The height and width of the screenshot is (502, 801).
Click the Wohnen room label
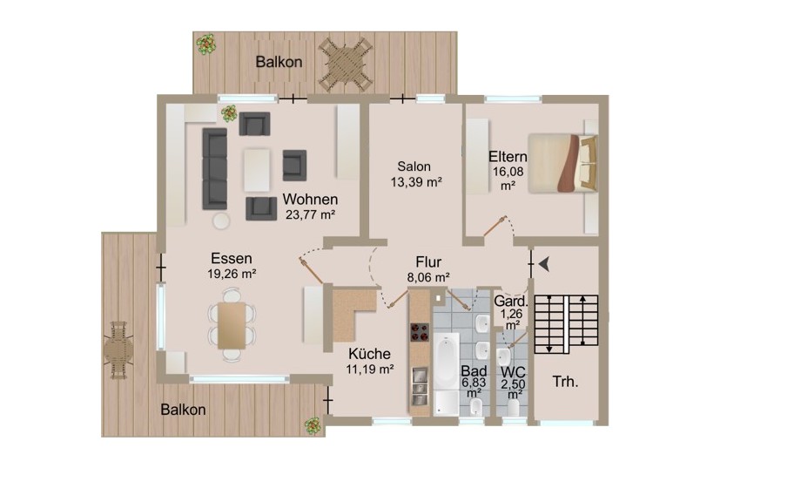point(310,199)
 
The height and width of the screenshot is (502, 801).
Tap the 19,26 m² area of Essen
point(232,274)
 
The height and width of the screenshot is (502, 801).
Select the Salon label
point(414,166)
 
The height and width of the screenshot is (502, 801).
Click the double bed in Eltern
point(562,163)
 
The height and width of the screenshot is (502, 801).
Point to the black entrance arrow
point(544,264)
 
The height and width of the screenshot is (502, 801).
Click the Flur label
point(428,262)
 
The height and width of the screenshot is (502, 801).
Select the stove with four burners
point(420,331)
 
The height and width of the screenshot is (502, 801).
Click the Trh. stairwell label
point(565,382)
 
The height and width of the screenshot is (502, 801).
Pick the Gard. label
point(510,301)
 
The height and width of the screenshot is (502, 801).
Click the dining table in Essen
point(232,326)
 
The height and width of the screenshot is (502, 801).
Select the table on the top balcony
point(344,64)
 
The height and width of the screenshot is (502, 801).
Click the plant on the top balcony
point(206,44)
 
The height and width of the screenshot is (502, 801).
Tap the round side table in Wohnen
point(221,220)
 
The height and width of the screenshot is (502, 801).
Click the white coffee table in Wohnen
point(257,170)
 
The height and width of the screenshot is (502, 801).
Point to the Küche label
point(369,354)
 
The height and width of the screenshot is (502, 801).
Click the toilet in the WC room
point(513,408)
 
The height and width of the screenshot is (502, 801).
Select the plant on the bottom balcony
point(312,425)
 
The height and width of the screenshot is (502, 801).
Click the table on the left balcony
point(118,350)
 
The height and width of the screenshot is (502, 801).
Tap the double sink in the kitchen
point(420,386)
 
